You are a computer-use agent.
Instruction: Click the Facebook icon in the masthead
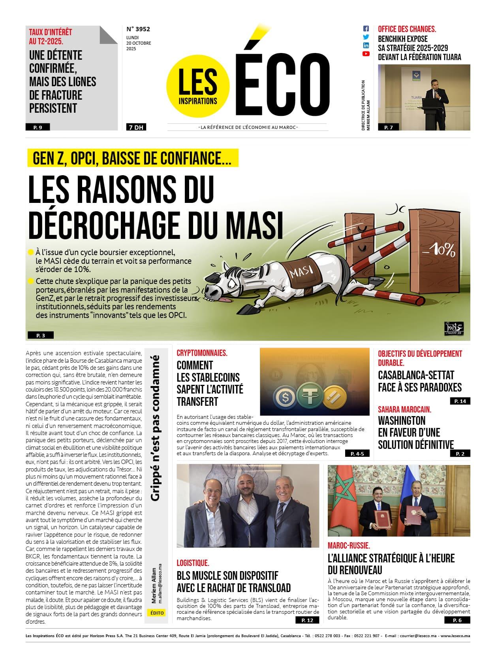pos(366,28)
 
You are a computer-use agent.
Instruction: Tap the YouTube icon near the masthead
pos(366,53)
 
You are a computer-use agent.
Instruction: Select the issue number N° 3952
pos(138,29)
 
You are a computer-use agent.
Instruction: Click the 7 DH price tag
pos(135,127)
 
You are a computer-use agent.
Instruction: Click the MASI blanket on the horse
pos(301,271)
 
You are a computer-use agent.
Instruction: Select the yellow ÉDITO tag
pos(157,613)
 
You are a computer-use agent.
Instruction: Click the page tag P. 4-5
pos(357,454)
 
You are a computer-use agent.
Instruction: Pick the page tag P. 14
pos(460,401)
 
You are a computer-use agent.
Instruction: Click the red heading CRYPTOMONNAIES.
pos(202,353)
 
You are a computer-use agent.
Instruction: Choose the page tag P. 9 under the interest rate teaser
pos(38,127)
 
